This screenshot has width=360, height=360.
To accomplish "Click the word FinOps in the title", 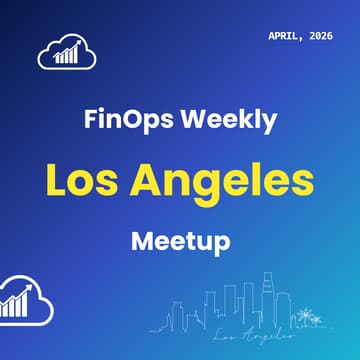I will [122, 121].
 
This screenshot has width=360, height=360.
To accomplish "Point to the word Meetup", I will [180, 241].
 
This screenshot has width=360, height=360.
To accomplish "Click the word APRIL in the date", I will [290, 36].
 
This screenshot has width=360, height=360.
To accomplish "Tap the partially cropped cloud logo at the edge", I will [18, 297].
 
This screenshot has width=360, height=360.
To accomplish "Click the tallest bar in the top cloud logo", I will [77, 53].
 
